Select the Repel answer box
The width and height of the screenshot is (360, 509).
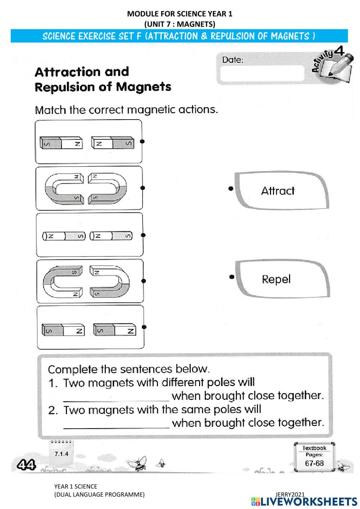pyautogui.click(x=282, y=279)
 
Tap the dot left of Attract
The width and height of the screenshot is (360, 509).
pyautogui.click(x=231, y=188)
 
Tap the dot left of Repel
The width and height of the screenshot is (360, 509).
pyautogui.click(x=232, y=277)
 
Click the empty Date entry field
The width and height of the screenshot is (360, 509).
pyautogui.click(x=262, y=73)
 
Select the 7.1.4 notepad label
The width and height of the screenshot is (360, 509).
pyautogui.click(x=61, y=454)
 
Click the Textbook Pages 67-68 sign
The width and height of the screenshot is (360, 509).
pyautogui.click(x=314, y=457)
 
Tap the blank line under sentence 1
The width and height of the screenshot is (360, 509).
pyautogui.click(x=116, y=397)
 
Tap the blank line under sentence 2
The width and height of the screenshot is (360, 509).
pyautogui.click(x=116, y=424)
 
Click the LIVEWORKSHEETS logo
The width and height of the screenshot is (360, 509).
pyautogui.click(x=304, y=501)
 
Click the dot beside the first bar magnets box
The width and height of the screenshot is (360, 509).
pyautogui.click(x=142, y=141)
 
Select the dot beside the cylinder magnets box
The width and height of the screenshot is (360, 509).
pyautogui.click(x=143, y=235)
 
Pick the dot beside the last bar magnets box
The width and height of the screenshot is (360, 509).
pyautogui.click(x=144, y=327)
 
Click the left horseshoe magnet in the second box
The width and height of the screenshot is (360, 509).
pyautogui.click(x=63, y=188)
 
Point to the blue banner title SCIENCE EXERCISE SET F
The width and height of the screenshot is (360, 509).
pyautogui.click(x=179, y=36)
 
